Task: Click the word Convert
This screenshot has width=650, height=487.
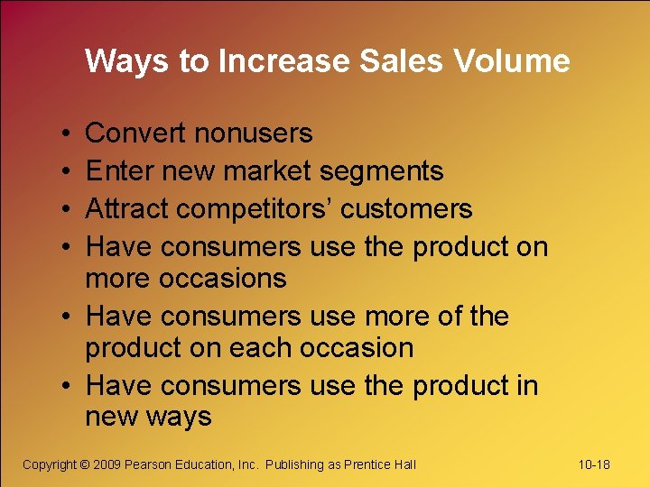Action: point(135,133)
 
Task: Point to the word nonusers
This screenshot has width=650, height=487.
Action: point(254,133)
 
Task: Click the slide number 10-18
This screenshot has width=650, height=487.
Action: point(593,464)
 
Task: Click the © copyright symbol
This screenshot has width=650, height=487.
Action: point(85,464)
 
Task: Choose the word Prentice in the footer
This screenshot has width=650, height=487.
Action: point(367,464)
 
